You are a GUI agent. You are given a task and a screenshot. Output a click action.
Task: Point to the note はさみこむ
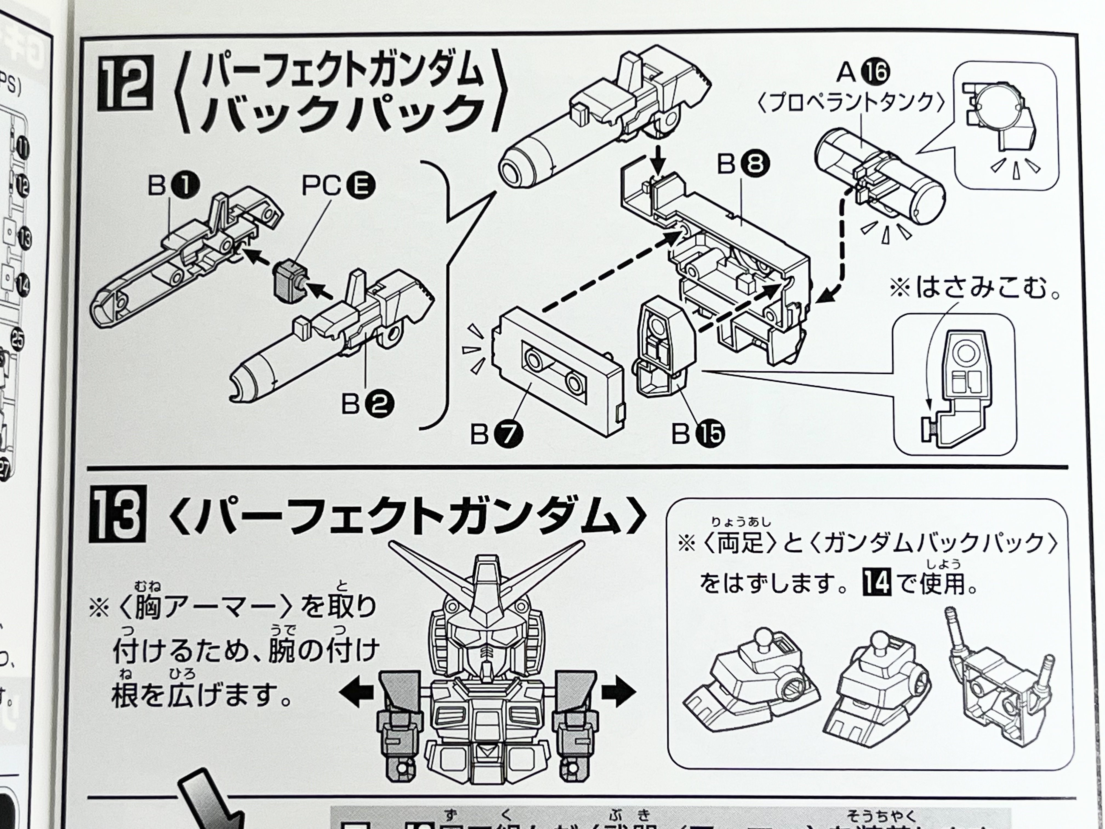[974, 289]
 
